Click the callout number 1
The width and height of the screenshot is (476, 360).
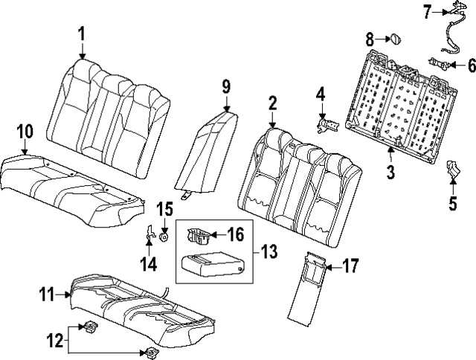[x=81, y=33]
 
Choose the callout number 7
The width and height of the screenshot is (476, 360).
[x=427, y=11]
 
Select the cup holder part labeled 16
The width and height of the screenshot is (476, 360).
[x=199, y=236]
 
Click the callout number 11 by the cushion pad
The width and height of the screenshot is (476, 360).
[x=47, y=295]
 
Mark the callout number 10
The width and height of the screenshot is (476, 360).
[x=25, y=132]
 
